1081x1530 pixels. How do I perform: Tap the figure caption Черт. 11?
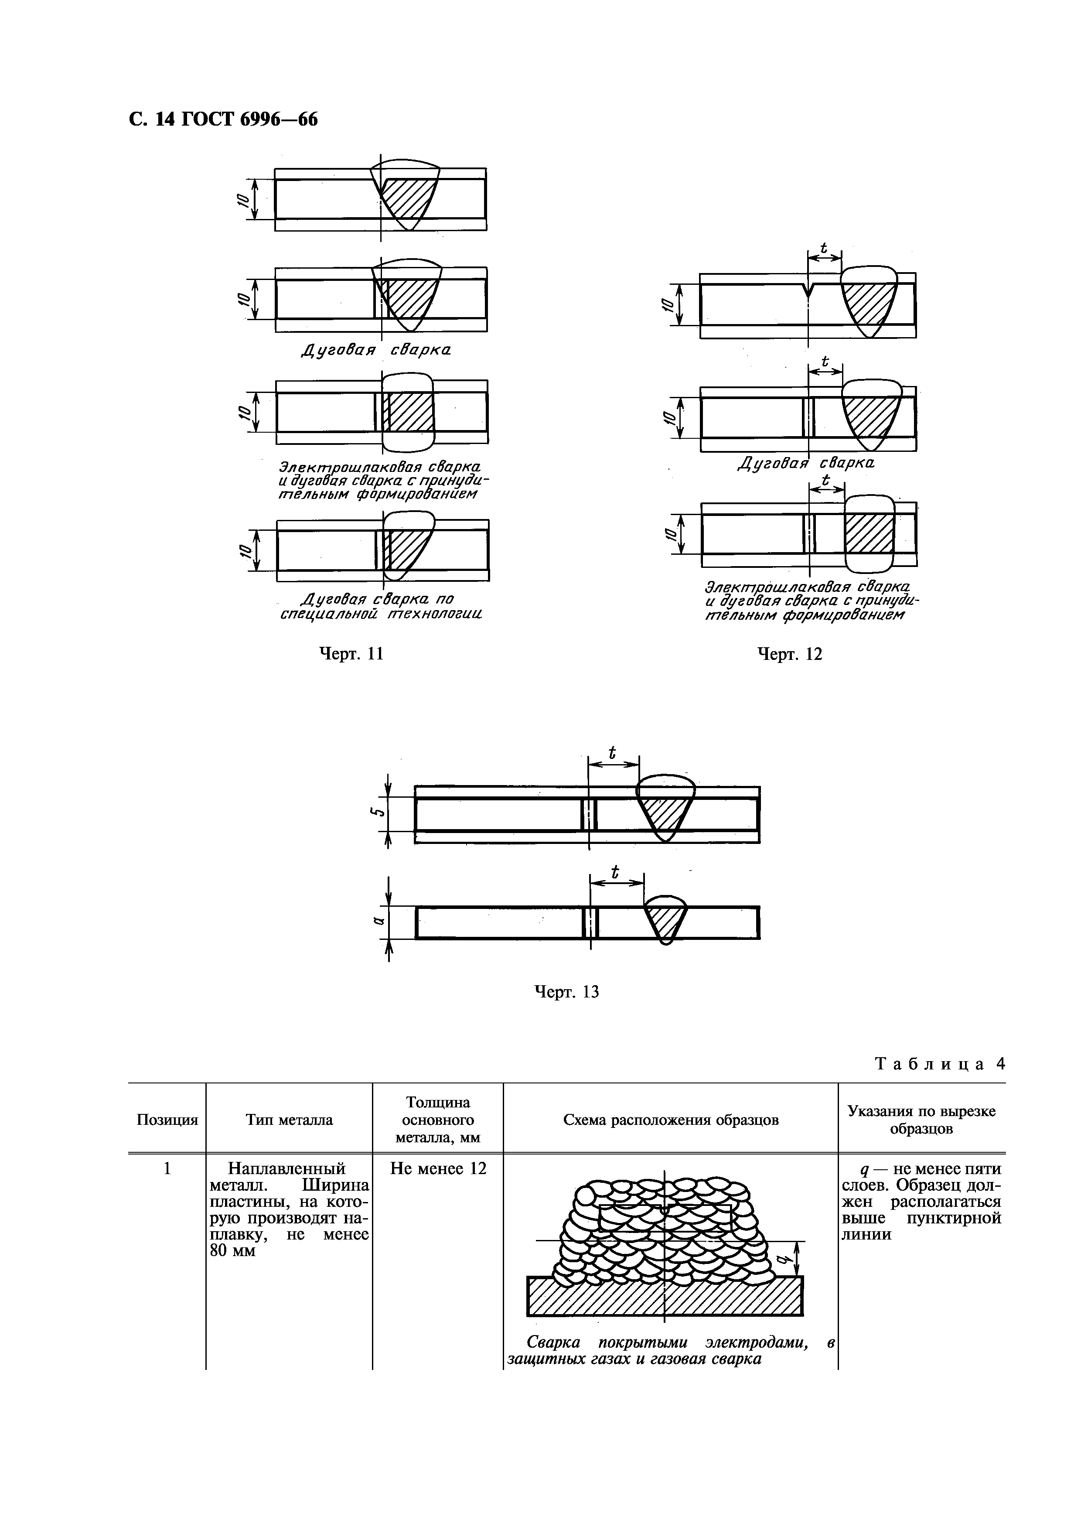coord(351,654)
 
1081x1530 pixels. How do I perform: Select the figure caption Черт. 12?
coord(790,654)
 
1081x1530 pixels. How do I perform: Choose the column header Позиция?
coord(167,1120)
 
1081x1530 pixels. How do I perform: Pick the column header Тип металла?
coord(289,1120)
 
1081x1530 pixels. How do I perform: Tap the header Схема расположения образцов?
coord(671,1120)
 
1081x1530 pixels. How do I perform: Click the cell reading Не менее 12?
coord(438,1168)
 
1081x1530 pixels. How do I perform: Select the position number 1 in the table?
coord(167,1168)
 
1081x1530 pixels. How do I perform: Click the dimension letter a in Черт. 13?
coord(377,922)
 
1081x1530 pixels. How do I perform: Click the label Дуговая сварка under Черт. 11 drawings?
coord(376,351)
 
